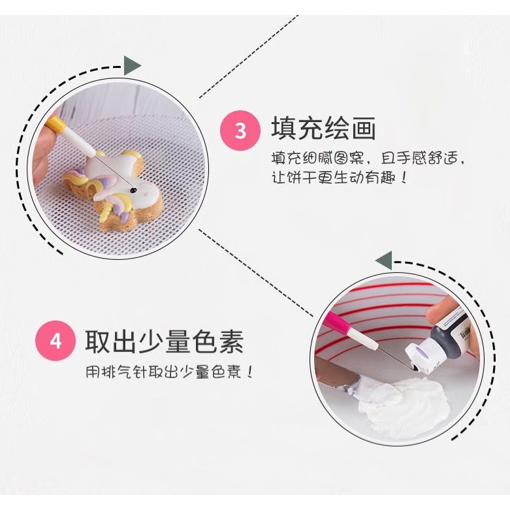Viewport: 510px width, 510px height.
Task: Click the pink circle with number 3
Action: click(240, 131)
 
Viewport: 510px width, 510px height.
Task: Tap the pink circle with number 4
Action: click(56, 341)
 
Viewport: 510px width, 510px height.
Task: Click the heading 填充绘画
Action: click(324, 129)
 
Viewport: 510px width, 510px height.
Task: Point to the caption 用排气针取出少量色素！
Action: click(169, 372)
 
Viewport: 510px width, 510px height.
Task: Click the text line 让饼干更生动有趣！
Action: click(340, 177)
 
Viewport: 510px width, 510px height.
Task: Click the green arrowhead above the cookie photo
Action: click(132, 66)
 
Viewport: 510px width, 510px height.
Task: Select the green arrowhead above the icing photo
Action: click(384, 260)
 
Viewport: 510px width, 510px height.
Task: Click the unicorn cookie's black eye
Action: click(133, 188)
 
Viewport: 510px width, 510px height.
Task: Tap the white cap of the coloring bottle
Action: click(417, 358)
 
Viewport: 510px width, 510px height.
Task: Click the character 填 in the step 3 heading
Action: click(283, 129)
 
